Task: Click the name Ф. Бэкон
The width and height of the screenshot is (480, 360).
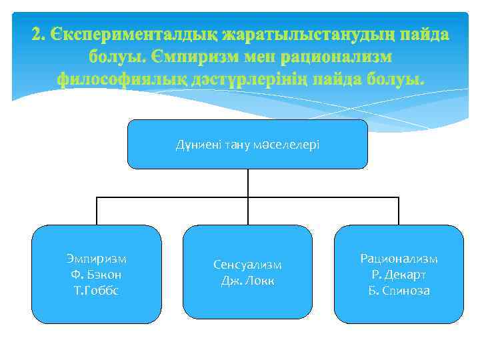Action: tap(97, 275)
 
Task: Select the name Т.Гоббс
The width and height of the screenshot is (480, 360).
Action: tap(97, 291)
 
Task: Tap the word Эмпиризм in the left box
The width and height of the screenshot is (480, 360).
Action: tap(97, 259)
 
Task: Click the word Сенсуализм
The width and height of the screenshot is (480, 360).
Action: tap(247, 265)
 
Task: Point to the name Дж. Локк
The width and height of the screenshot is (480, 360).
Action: tap(247, 281)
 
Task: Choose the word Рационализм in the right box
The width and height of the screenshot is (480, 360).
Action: tap(399, 259)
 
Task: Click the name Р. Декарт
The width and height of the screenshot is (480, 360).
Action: tap(399, 275)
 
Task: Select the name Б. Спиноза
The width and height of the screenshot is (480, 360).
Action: tap(399, 291)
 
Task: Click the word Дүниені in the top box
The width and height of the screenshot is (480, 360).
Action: tap(195, 144)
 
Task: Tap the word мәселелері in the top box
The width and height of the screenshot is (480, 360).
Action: tap(289, 144)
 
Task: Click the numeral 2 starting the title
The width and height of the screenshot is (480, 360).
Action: tap(37, 34)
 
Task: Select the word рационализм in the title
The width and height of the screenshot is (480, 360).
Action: tap(337, 57)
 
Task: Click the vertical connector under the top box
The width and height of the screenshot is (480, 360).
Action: tap(247, 183)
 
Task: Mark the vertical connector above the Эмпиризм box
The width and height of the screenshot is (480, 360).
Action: tap(97, 211)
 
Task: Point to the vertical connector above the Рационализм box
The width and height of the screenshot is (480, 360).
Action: tap(399, 211)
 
